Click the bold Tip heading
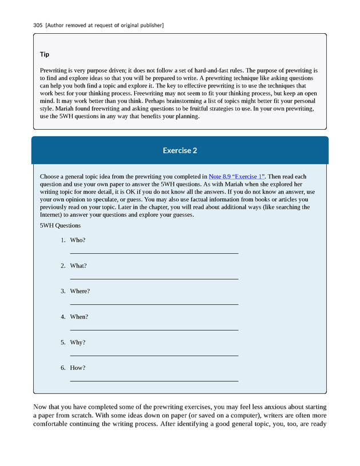[45, 54]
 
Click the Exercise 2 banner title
[180, 150]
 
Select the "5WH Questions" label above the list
[60, 225]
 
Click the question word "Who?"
[78, 240]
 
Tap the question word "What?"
[78, 266]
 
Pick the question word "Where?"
[80, 291]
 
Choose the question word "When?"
[79, 317]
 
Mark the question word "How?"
[78, 368]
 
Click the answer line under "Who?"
[154, 253]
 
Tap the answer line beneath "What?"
[154, 278]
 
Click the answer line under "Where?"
[154, 304]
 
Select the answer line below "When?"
[154, 330]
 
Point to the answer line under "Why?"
[154, 355]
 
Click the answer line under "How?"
[154, 381]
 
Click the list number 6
[63, 368]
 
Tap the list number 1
[63, 240]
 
